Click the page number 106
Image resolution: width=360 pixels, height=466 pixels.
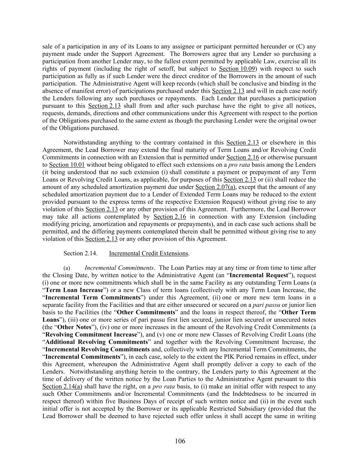coord(180,441)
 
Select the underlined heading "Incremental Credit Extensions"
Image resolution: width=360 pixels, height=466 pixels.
coord(149,253)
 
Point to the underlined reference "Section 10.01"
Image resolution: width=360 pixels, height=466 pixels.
coord(67,165)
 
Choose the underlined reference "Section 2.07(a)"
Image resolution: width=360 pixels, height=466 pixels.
coord(213,187)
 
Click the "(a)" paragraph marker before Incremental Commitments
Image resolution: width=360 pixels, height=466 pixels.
coord(67,268)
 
